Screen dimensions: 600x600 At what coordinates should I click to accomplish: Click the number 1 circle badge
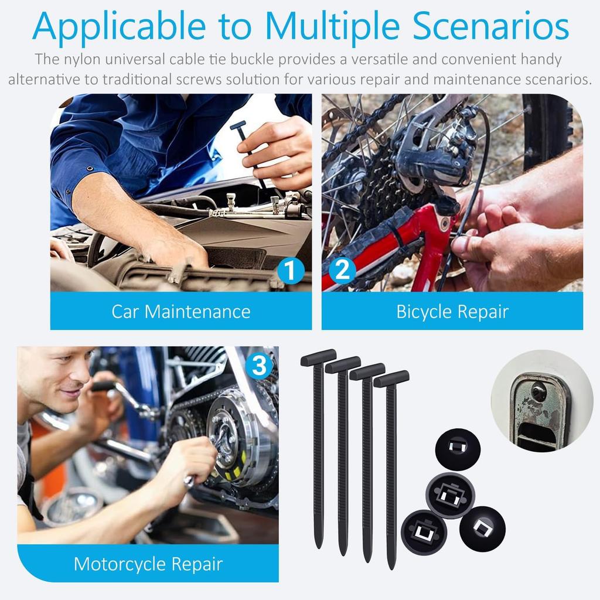290,271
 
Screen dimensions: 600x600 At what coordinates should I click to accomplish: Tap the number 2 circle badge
342,271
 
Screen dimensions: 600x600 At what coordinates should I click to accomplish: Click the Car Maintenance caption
181,311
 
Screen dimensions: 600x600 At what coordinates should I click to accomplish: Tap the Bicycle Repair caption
452,311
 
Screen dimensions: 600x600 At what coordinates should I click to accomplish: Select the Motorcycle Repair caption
148,564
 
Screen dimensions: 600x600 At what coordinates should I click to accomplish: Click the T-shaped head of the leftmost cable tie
318,357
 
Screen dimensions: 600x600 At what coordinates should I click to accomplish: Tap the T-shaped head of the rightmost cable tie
391,379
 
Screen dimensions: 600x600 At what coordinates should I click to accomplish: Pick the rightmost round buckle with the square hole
482,527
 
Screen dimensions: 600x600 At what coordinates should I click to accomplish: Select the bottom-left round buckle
424,532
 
